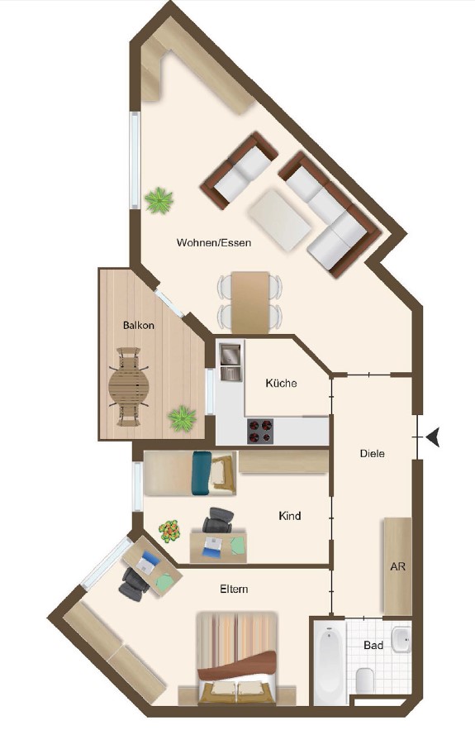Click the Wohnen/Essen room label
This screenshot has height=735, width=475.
[214, 243]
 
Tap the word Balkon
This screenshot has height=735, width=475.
[139, 325]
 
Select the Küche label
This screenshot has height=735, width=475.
[281, 384]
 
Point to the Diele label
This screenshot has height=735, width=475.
[373, 453]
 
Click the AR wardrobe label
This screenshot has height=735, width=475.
[397, 566]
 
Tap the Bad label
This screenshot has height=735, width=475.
[373, 646]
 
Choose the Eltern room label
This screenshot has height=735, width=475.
[235, 589]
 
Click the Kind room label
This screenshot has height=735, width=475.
[289, 516]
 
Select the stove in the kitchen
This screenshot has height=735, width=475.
[260, 432]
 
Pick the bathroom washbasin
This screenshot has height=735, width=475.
[401, 639]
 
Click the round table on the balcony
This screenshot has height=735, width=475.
[129, 387]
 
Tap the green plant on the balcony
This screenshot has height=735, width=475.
[183, 418]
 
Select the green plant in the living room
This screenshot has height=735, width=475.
[159, 201]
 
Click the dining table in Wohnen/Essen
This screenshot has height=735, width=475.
[250, 303]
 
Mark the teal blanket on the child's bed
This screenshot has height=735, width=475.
[202, 473]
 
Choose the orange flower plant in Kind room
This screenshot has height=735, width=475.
[169, 531]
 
